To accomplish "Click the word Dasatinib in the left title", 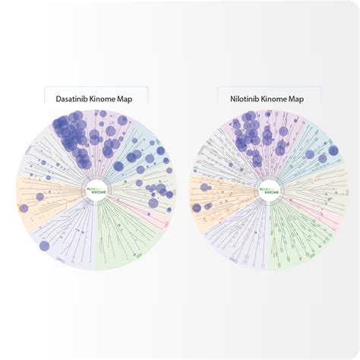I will click(x=72, y=98).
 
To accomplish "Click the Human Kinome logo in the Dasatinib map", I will click(x=96, y=190).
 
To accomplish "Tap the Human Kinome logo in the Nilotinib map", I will click(x=270, y=190).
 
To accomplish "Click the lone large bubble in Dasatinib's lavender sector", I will click(x=44, y=245).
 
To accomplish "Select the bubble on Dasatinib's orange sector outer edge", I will click(x=24, y=207).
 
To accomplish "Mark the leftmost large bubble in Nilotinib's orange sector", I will click(x=197, y=207).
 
